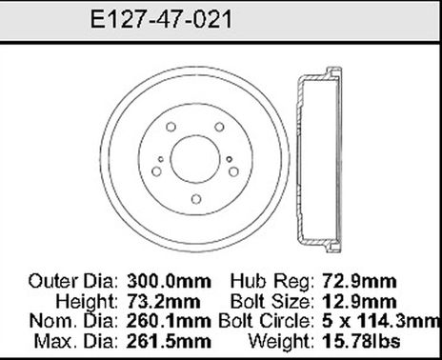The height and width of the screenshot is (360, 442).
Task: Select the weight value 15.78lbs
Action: pyautogui.click(x=373, y=340)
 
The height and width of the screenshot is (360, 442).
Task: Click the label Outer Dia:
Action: pyautogui.click(x=71, y=282)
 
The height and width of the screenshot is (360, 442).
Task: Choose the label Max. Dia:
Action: pyautogui.click(x=76, y=340)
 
